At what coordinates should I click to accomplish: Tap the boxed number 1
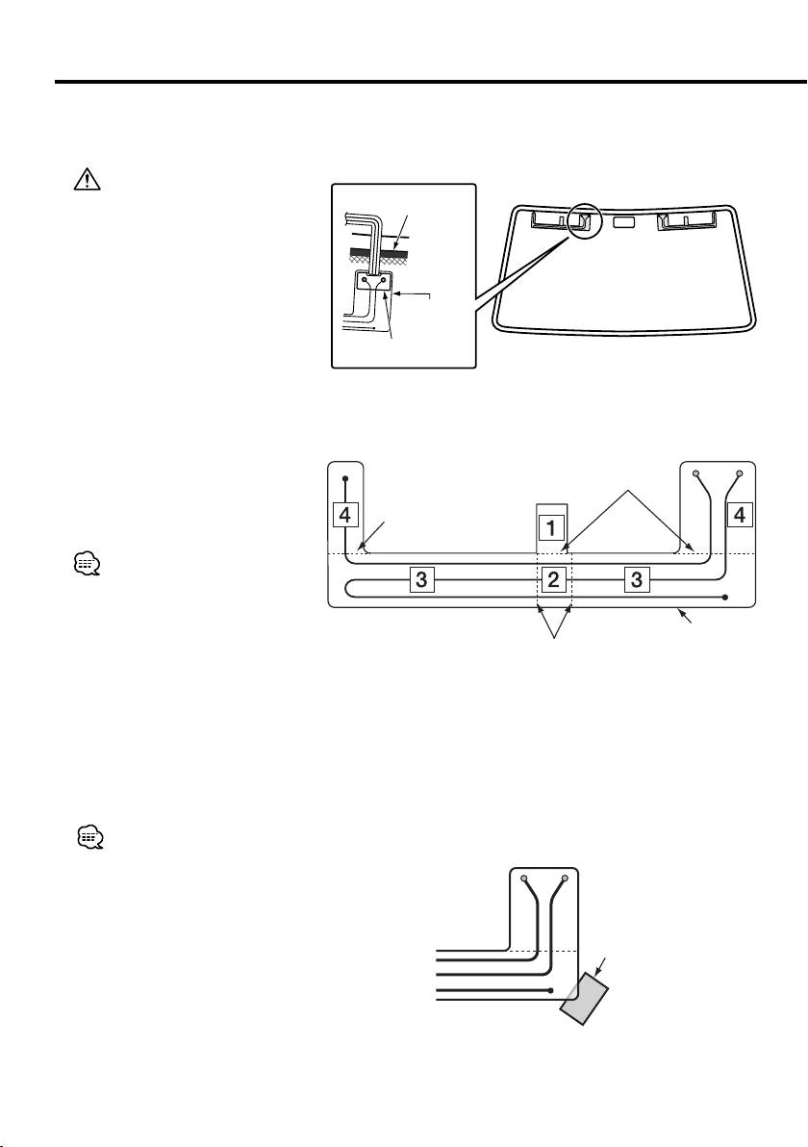pos(550,528)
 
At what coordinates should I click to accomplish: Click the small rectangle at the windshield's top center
pos(624,222)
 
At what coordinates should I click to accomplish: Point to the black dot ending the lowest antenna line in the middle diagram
pos(724,597)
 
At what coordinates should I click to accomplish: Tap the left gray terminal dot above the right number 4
pos(696,474)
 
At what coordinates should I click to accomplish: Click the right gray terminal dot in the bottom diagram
pos(565,879)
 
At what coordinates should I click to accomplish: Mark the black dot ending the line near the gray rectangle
pos(549,989)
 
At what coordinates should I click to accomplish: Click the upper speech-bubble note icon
pos(86,567)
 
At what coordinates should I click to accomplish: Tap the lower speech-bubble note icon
pos(88,838)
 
